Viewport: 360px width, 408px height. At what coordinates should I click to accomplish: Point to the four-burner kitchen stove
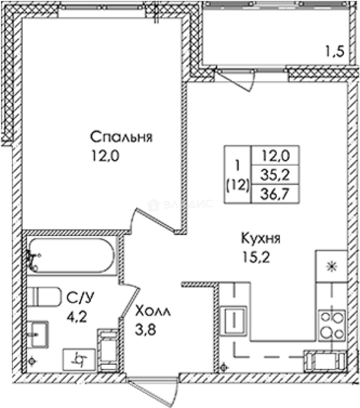tap(332, 326)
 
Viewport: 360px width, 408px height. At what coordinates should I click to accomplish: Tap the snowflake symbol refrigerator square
tap(331, 266)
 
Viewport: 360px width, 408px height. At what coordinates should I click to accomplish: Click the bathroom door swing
tap(130, 300)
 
